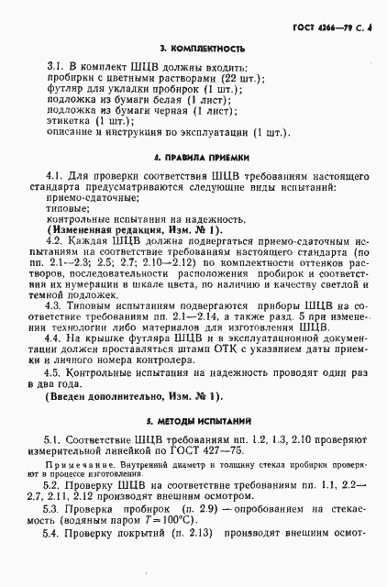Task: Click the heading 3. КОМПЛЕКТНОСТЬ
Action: (x=193, y=47)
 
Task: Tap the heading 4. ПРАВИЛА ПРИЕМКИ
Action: (x=193, y=157)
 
